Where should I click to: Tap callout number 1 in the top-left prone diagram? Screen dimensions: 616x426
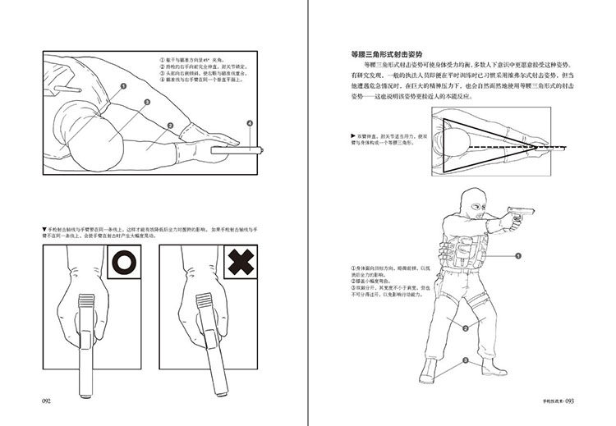click(123, 85)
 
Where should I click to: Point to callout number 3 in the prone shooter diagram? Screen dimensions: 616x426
click(146, 103)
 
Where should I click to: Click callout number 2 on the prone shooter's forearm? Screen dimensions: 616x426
click(169, 126)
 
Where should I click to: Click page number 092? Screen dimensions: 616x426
click(47, 401)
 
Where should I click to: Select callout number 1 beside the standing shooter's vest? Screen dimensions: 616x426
click(518, 255)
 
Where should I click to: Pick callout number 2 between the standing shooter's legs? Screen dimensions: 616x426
click(465, 328)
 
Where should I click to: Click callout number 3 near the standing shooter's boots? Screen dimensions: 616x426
click(465, 360)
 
